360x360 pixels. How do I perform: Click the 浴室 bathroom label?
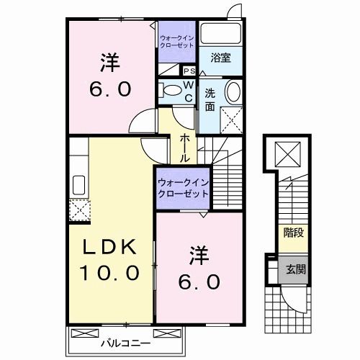click(221, 58)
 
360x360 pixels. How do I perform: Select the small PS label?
click(190, 71)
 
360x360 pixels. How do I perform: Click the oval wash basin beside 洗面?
click(233, 93)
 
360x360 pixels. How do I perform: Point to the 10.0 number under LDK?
click(108, 274)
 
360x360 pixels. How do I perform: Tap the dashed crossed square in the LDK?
click(77, 210)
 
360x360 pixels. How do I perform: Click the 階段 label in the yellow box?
click(292, 233)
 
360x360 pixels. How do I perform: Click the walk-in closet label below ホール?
click(183, 189)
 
